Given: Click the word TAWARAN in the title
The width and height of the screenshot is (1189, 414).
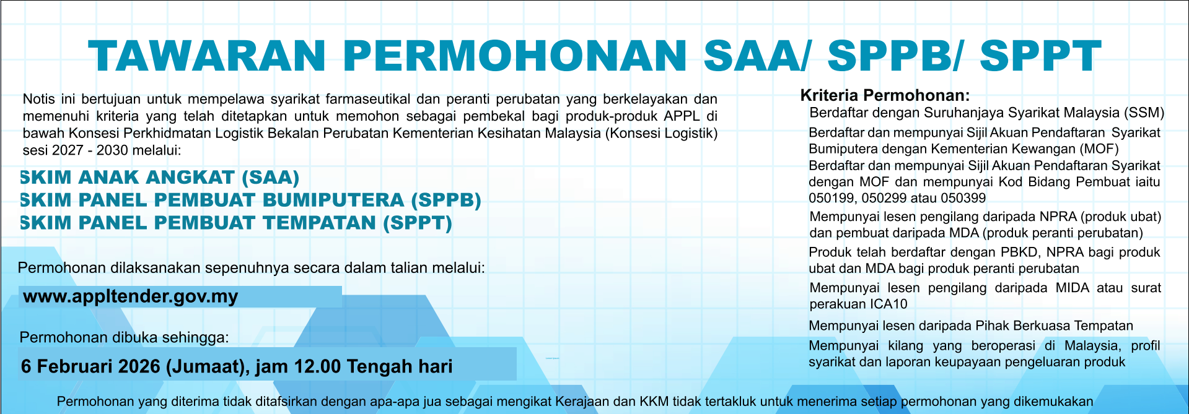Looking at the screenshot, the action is (x=207, y=56).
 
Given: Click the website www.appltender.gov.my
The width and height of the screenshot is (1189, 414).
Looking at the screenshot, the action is (x=130, y=297).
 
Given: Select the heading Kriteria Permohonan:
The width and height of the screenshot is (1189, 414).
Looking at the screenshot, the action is (x=885, y=95).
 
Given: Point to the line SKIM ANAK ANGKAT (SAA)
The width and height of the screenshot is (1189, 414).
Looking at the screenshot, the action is (x=160, y=178).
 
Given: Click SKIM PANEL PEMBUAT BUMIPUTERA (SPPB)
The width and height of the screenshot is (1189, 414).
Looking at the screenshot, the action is (x=250, y=201).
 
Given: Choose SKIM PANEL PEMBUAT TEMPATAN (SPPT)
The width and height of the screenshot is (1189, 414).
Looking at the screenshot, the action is (x=236, y=223).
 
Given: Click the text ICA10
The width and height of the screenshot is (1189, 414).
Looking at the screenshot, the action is (x=888, y=304).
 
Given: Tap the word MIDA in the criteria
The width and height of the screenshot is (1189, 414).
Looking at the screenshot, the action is (x=1073, y=288).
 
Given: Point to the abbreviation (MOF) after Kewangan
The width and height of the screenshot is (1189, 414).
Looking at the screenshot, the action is (x=1100, y=149).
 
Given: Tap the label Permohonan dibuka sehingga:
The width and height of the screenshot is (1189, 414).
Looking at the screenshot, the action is (x=124, y=337).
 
